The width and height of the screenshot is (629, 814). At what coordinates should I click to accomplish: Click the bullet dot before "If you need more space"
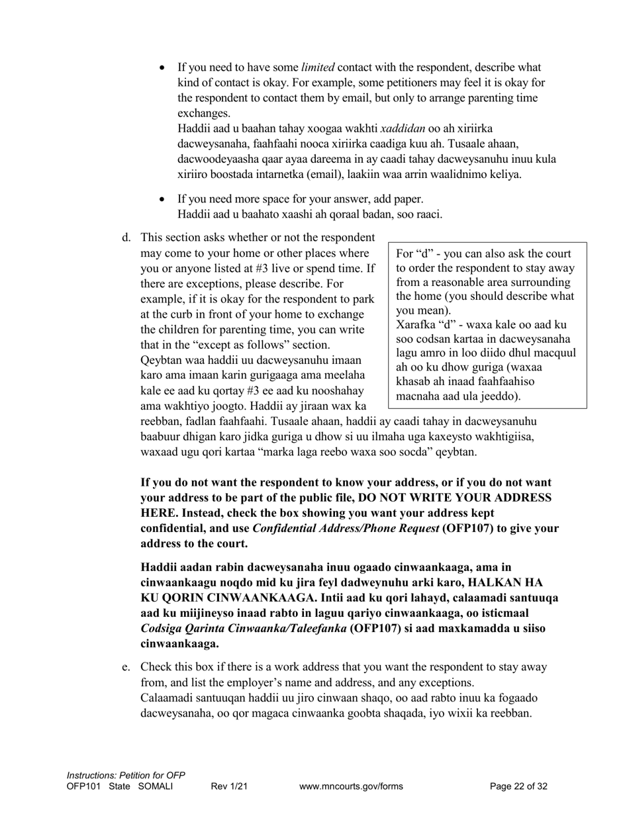click(x=163, y=199)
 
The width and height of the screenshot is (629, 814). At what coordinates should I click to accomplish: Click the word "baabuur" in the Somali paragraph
click(x=160, y=437)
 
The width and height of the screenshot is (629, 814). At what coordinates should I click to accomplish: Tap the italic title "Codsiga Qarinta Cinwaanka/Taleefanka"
click(x=243, y=628)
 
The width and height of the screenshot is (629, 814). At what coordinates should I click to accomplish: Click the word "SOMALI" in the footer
click(x=156, y=786)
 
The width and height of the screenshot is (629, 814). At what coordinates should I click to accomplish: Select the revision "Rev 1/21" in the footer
click(x=229, y=786)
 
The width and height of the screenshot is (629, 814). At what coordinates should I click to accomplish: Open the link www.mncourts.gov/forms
click(x=351, y=786)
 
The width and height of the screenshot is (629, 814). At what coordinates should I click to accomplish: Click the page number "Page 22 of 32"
click(x=518, y=786)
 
